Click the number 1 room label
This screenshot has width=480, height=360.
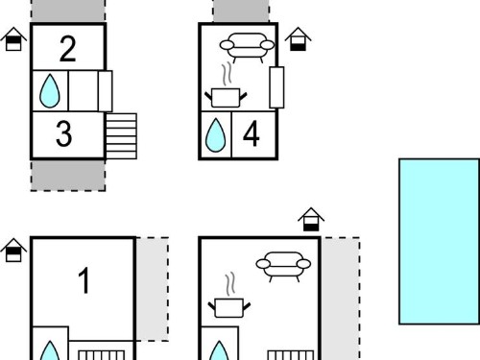84,280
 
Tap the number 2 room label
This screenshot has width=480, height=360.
68,49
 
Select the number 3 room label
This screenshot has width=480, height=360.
63,134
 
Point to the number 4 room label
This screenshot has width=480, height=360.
252,134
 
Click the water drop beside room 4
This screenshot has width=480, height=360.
215,135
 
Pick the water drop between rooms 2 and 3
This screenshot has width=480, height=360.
50,91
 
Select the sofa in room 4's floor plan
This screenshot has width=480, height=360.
247,47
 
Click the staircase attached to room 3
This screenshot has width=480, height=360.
121,136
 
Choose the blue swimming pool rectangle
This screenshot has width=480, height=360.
439,242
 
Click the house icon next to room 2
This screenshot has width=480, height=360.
13,39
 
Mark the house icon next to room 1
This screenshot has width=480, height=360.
13,250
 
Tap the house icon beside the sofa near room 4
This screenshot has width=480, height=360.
298,39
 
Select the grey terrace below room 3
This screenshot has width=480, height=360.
68,176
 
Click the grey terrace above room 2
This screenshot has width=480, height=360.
68,11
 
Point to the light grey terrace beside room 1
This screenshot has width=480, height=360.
153,289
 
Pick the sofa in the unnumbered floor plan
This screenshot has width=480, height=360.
283,266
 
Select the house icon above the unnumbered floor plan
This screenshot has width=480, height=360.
311,220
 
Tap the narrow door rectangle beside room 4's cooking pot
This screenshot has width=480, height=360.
276,87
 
